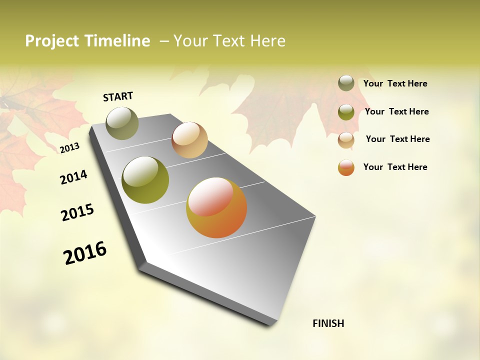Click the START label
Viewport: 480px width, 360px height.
[x=118, y=96]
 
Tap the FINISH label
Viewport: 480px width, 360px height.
[x=328, y=323]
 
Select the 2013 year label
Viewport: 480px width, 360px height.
[x=69, y=148]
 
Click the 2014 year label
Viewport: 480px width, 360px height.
[x=73, y=177]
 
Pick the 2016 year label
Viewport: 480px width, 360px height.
[x=85, y=253]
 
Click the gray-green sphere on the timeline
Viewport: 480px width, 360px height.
[x=122, y=123]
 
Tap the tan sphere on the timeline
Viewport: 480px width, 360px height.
[x=189, y=140]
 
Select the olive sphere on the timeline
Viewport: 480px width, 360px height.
[x=145, y=180]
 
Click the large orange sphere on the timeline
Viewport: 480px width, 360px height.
[x=216, y=207]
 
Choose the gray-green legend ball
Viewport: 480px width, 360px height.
[x=346, y=83]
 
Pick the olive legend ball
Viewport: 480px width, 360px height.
[x=346, y=112]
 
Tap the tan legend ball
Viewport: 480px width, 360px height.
[x=346, y=139]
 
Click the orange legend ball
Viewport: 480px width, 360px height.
[x=346, y=167]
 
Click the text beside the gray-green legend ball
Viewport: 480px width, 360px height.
[x=395, y=83]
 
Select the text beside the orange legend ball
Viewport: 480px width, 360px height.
[x=395, y=167]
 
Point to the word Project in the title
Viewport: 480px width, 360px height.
[x=51, y=41]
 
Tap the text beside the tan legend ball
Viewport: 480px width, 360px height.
[x=397, y=139]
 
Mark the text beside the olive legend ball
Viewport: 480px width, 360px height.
[x=396, y=111]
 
